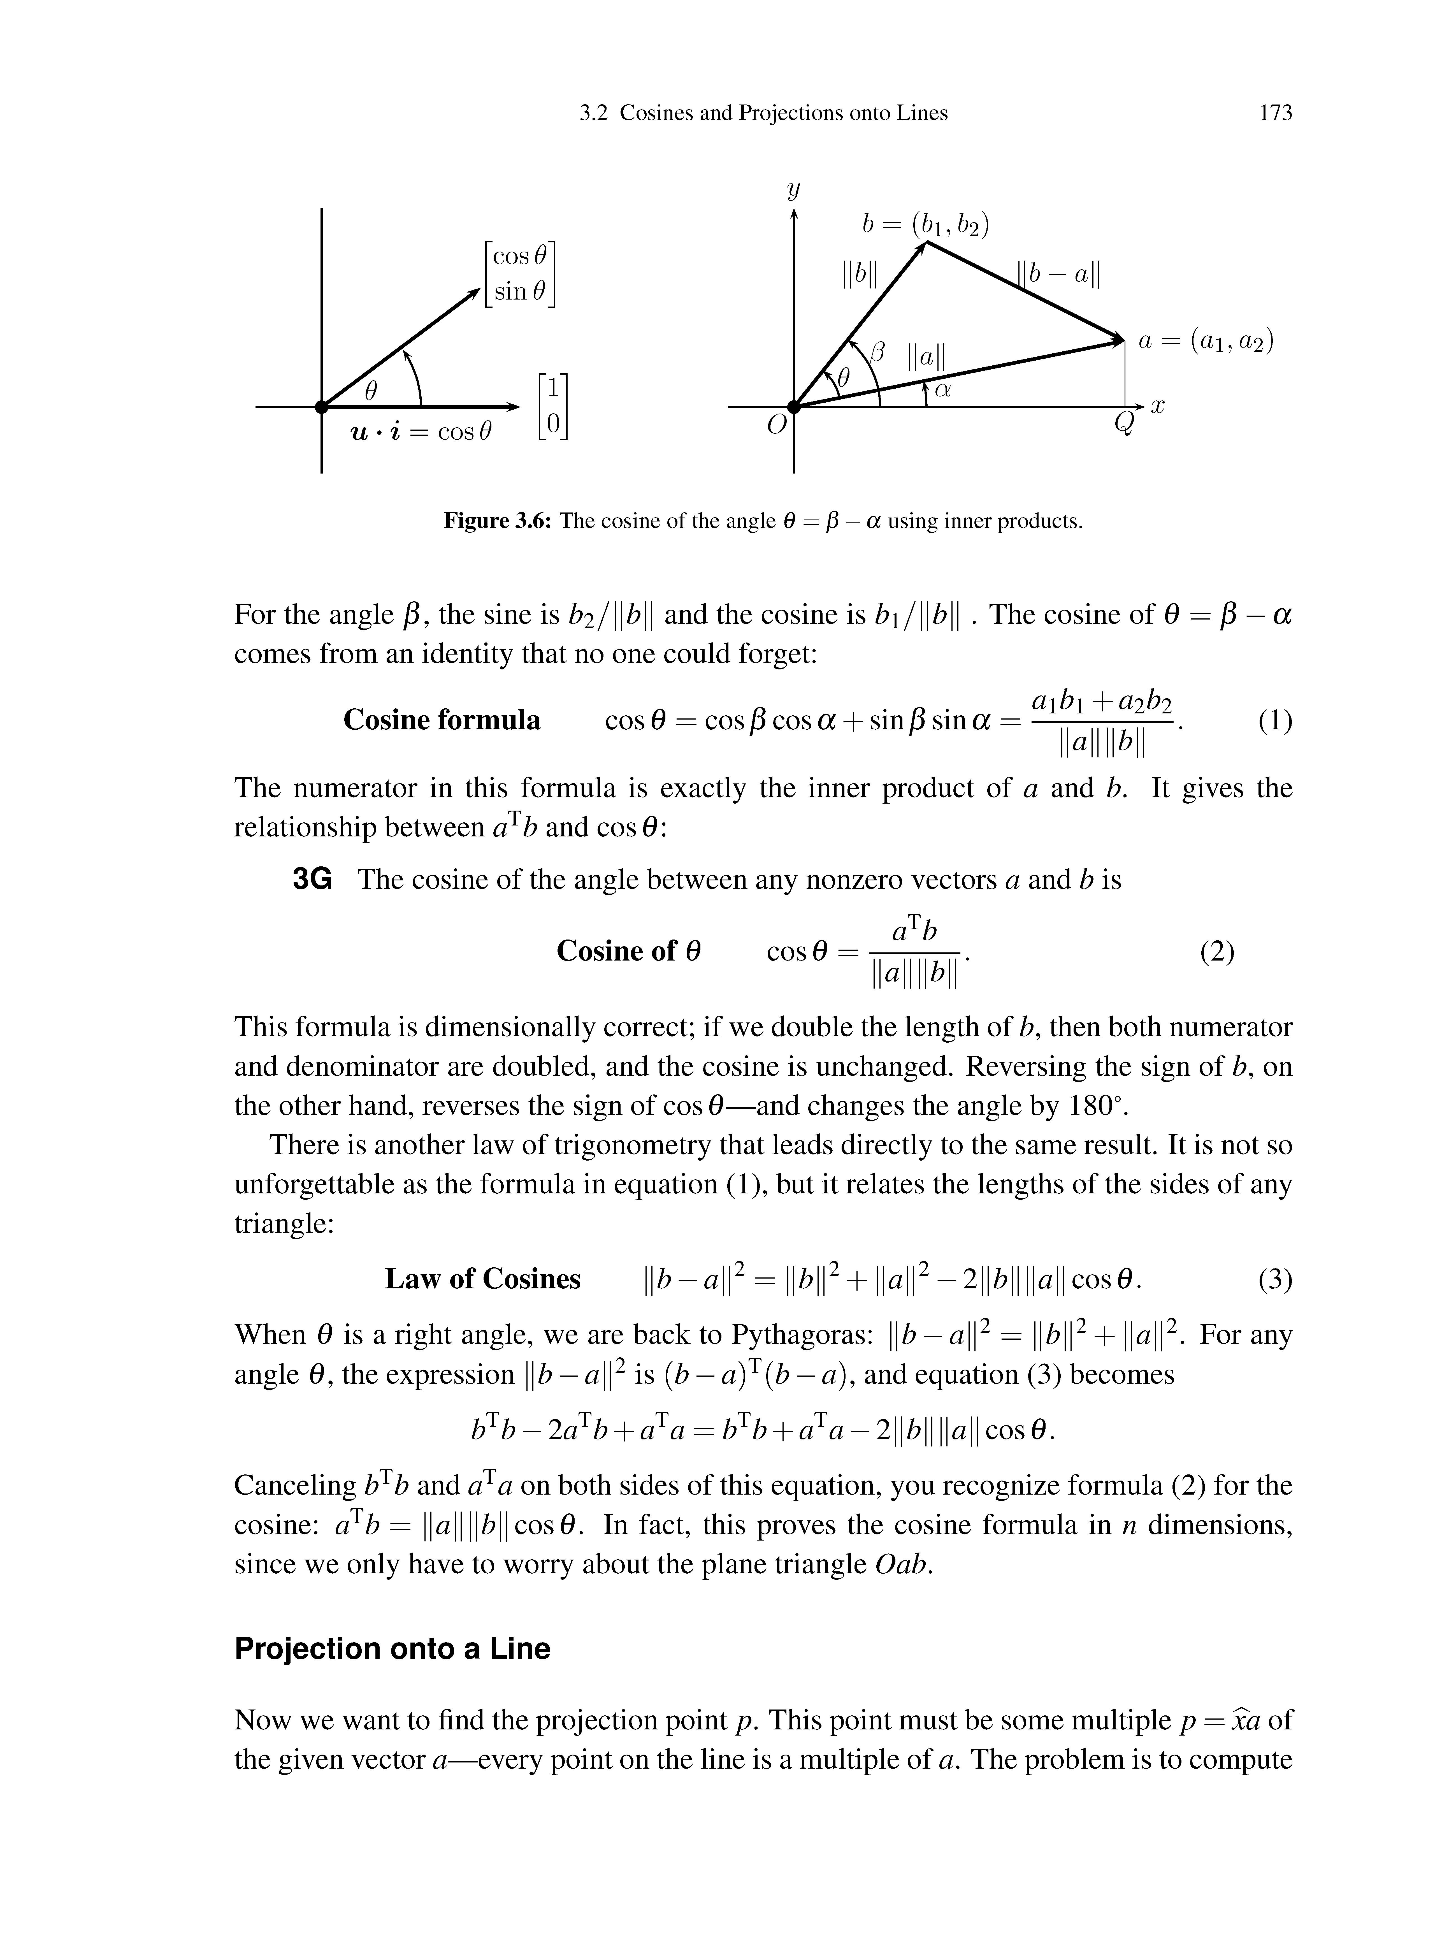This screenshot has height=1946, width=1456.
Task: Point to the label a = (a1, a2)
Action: (x=1205, y=341)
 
